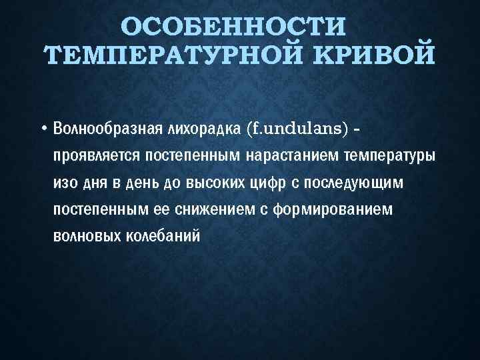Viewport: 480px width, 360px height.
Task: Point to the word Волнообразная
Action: click(103, 127)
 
